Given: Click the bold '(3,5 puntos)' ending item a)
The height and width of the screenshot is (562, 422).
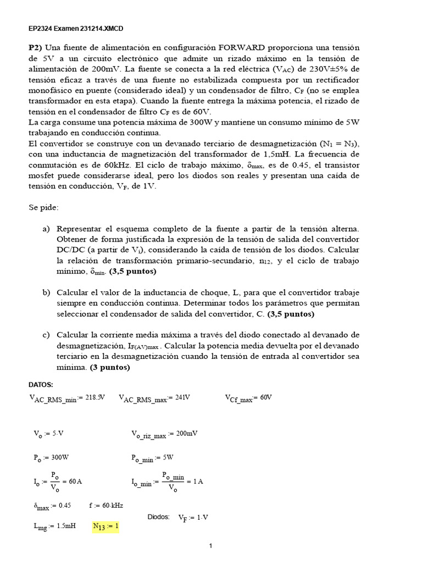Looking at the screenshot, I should click(132, 271).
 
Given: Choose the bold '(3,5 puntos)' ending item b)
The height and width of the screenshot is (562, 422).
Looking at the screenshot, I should click(291, 314).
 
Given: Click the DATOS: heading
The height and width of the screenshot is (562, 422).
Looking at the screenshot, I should click(41, 385).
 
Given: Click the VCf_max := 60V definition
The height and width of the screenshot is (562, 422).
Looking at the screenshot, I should click(248, 398).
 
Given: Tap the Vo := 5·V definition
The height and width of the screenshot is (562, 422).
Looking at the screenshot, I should click(49, 434).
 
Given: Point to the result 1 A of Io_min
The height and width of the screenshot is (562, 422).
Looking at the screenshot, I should click(197, 481).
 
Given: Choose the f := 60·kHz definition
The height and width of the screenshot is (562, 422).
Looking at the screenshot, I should click(105, 505).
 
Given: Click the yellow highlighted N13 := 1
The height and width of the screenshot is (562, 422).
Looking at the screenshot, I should click(105, 526).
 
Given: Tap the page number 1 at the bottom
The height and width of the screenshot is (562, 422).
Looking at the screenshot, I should click(210, 546).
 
